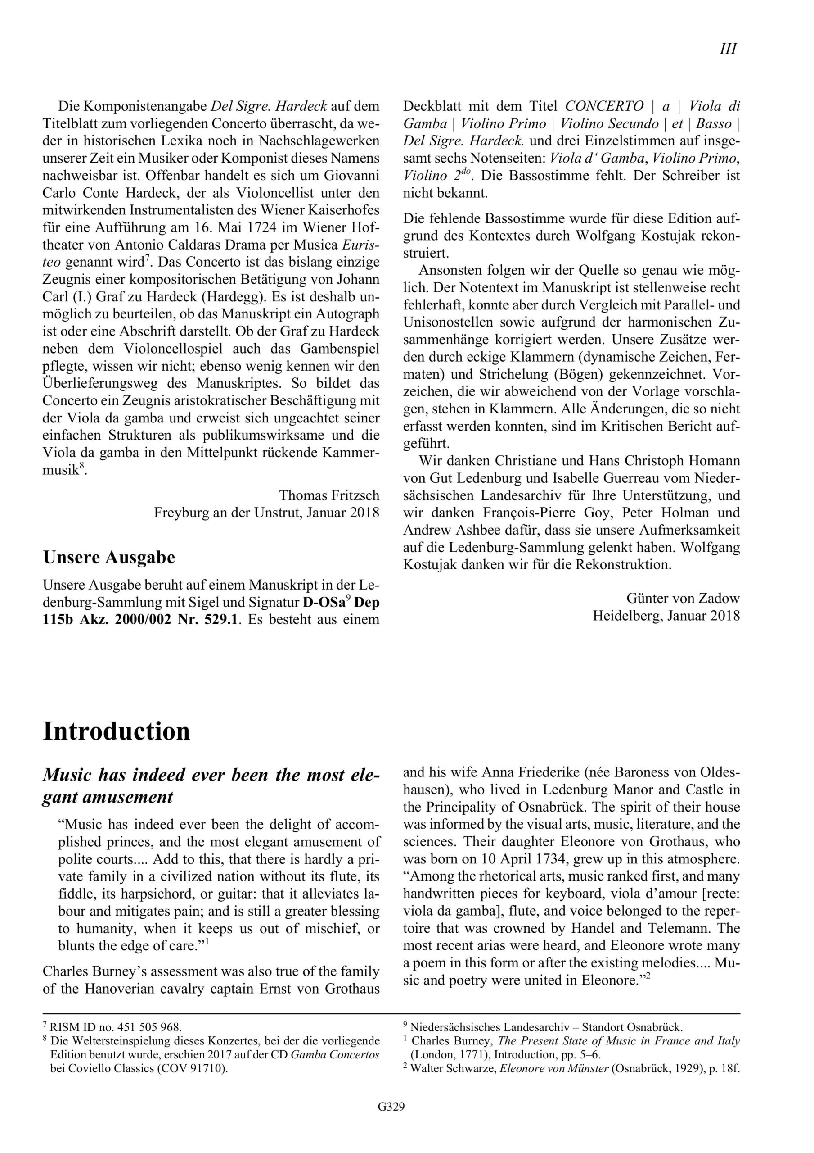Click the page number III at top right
click(728, 49)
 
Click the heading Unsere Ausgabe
click(109, 558)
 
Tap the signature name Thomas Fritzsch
click(329, 495)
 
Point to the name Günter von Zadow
click(683, 598)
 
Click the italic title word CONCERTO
click(604, 106)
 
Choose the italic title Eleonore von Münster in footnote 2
click(552, 1068)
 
